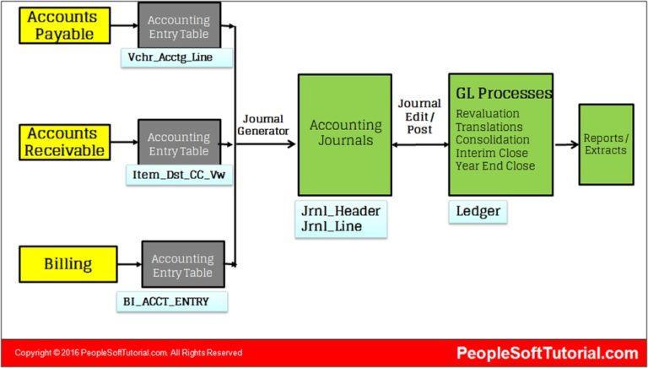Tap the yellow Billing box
point(67,264)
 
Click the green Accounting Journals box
point(343,134)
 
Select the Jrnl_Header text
point(341,211)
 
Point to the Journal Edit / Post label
point(419,116)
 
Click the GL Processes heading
point(504,93)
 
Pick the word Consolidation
point(493,139)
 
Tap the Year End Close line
point(494,165)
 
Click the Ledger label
point(478,210)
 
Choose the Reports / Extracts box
point(605,143)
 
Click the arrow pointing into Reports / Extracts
point(565,144)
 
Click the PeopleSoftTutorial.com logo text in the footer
point(547,354)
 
